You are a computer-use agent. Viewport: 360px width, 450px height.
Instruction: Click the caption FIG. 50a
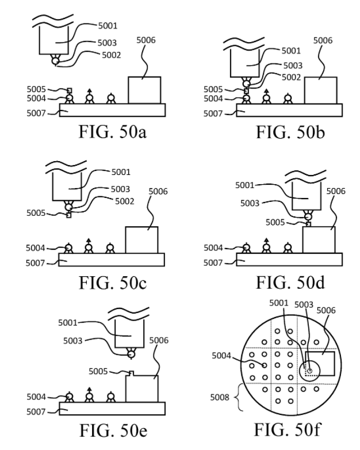(x=113, y=132)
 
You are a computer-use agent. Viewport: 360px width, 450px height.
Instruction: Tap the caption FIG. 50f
(x=287, y=430)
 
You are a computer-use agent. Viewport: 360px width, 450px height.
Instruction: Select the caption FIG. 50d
(x=290, y=282)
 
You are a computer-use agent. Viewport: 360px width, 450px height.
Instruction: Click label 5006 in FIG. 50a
(x=145, y=40)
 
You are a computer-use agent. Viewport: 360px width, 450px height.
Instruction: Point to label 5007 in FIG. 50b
(x=213, y=113)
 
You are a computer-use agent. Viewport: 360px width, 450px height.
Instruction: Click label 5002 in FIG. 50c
(x=124, y=201)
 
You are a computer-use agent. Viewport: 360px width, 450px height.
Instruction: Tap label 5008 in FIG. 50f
(x=220, y=397)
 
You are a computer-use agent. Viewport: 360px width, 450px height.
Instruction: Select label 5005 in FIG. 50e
(x=98, y=371)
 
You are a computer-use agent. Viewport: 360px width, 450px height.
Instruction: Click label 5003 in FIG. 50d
(x=250, y=203)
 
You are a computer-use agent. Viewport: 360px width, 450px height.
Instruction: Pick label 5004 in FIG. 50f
(x=221, y=356)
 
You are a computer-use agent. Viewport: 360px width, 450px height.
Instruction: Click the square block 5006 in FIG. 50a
(x=144, y=90)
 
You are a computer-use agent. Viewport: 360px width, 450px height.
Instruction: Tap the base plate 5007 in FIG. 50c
(x=112, y=260)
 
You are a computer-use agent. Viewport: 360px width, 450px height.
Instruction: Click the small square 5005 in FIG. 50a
(x=70, y=91)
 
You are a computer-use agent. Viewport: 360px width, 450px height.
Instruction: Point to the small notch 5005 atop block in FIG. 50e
(x=131, y=373)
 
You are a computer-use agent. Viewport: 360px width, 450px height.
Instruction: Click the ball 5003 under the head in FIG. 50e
(x=131, y=354)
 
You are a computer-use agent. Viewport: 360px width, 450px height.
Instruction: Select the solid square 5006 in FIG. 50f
(x=320, y=363)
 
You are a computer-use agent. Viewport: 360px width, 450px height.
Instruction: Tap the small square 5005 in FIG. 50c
(x=68, y=215)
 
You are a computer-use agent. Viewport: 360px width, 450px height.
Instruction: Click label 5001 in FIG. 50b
(x=291, y=51)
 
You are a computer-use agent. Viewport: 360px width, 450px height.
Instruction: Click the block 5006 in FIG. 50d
(x=319, y=239)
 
